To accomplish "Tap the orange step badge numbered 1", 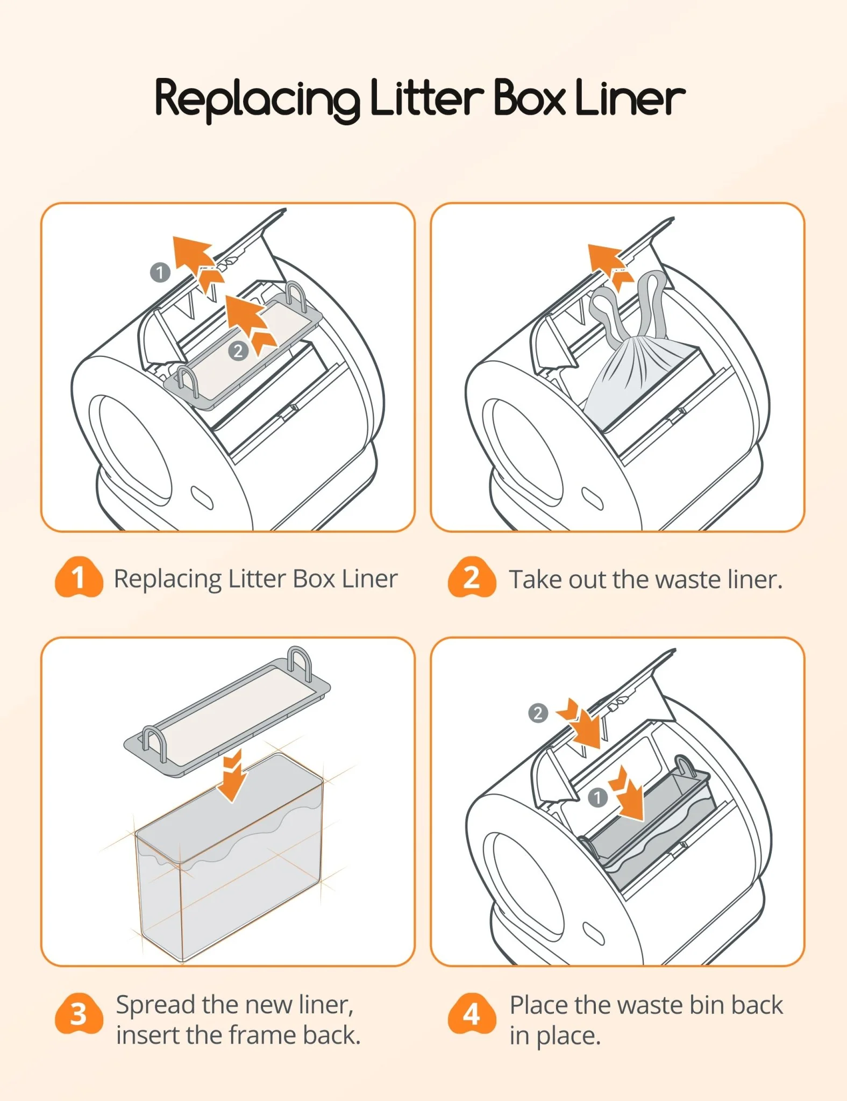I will click(x=79, y=577).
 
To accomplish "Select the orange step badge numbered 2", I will click(x=472, y=577).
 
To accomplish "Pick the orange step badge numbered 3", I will click(x=79, y=1014).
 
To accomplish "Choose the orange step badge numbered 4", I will click(x=472, y=1014).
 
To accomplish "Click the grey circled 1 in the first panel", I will click(x=160, y=272).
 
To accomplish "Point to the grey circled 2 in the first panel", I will click(x=238, y=351).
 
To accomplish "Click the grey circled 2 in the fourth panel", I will click(x=538, y=713).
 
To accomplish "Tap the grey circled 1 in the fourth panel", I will click(x=597, y=798).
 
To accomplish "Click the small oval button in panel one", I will click(x=202, y=498).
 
